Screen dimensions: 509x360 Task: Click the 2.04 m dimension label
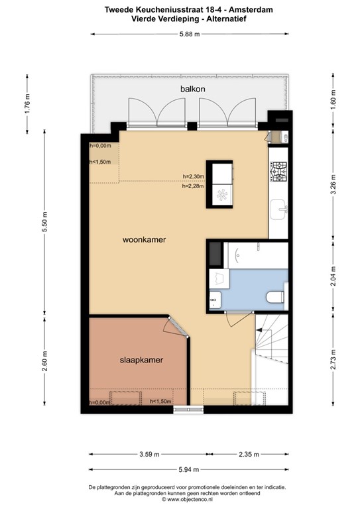[333, 274]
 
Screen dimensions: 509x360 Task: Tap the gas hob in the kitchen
[278, 172]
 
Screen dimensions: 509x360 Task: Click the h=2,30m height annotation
[194, 176]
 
